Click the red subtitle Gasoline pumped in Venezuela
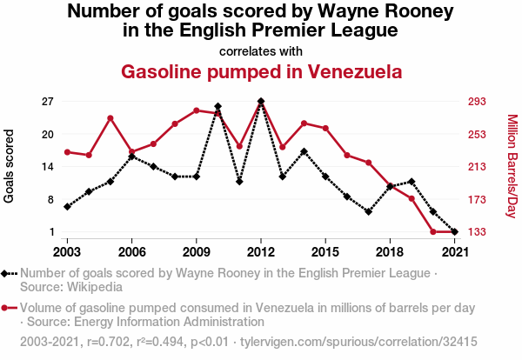pyautogui.click(x=261, y=71)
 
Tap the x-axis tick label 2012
pyautogui.click(x=261, y=251)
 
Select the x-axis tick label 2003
pyautogui.click(x=67, y=251)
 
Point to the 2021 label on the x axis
pyautogui.click(x=455, y=251)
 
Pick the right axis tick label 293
pyautogui.click(x=478, y=101)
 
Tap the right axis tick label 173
pyautogui.click(x=478, y=199)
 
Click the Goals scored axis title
pyautogui.click(x=10, y=166)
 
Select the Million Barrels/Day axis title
pyautogui.click(x=512, y=166)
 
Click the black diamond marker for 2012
pyautogui.click(x=261, y=102)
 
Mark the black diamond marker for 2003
pyautogui.click(x=67, y=207)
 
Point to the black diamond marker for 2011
pyautogui.click(x=239, y=182)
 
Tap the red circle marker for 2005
pyautogui.click(x=110, y=118)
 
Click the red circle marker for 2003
pyautogui.click(x=67, y=152)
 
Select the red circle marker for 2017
pyautogui.click(x=369, y=163)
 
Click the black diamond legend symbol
pyautogui.click(x=10, y=273)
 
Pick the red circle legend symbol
pyautogui.click(x=10, y=308)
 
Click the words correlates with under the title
pyautogui.click(x=261, y=50)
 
